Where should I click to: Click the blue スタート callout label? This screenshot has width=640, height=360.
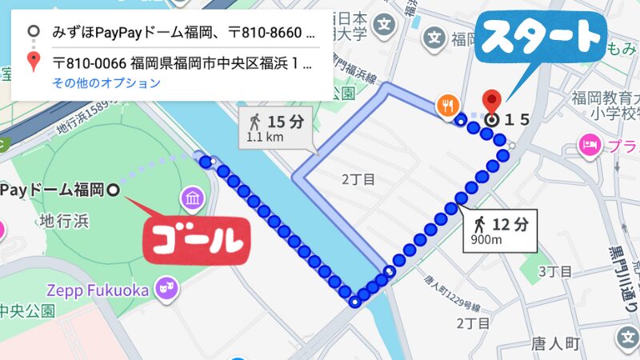click(x=542, y=38)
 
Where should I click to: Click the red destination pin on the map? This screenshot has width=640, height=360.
click(x=493, y=102)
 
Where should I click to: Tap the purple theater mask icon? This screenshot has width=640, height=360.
click(x=167, y=289)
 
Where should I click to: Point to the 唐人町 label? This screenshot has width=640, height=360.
click(x=554, y=344)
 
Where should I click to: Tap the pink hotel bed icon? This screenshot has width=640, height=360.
click(x=590, y=146)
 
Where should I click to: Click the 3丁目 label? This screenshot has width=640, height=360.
click(x=554, y=272)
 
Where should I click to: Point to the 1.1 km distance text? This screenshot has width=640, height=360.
click(x=266, y=137)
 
